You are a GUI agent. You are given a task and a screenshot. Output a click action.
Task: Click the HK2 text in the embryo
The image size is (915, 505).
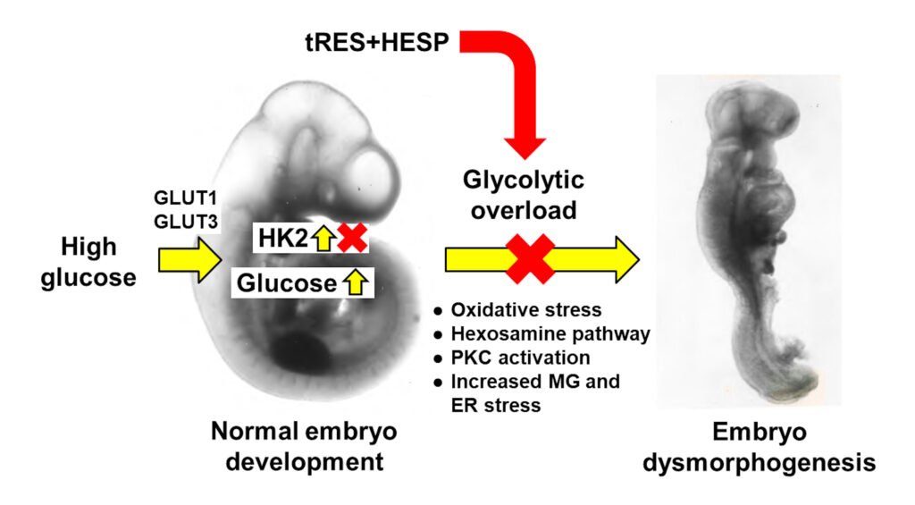coord(281,240)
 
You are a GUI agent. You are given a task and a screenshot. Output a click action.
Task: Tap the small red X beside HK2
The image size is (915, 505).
coord(352,239)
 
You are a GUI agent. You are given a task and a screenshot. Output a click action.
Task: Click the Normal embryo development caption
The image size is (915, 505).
coord(304,447)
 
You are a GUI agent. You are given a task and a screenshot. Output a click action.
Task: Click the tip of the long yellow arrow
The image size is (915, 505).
coord(636,259)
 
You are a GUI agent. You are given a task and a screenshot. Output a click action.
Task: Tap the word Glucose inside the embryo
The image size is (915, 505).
coord(285,283)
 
